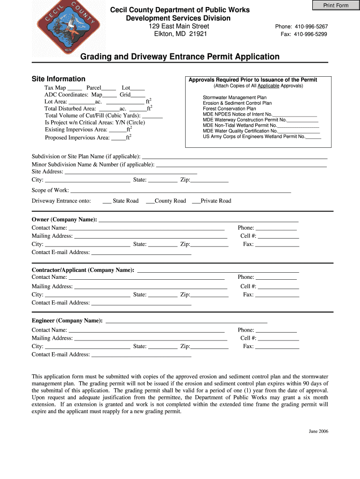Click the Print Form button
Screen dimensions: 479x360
(336, 5)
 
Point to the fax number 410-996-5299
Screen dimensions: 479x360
(310, 34)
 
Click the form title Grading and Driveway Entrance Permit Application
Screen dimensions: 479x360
(180, 57)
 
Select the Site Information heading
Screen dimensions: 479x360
(58, 79)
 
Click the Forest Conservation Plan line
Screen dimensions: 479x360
(229, 109)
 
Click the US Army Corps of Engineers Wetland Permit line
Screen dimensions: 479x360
(262, 137)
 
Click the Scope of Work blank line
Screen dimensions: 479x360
(180, 191)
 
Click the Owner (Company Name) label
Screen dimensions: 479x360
(65, 219)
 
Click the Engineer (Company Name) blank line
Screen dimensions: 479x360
(187, 322)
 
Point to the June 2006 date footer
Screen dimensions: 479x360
(318, 431)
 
